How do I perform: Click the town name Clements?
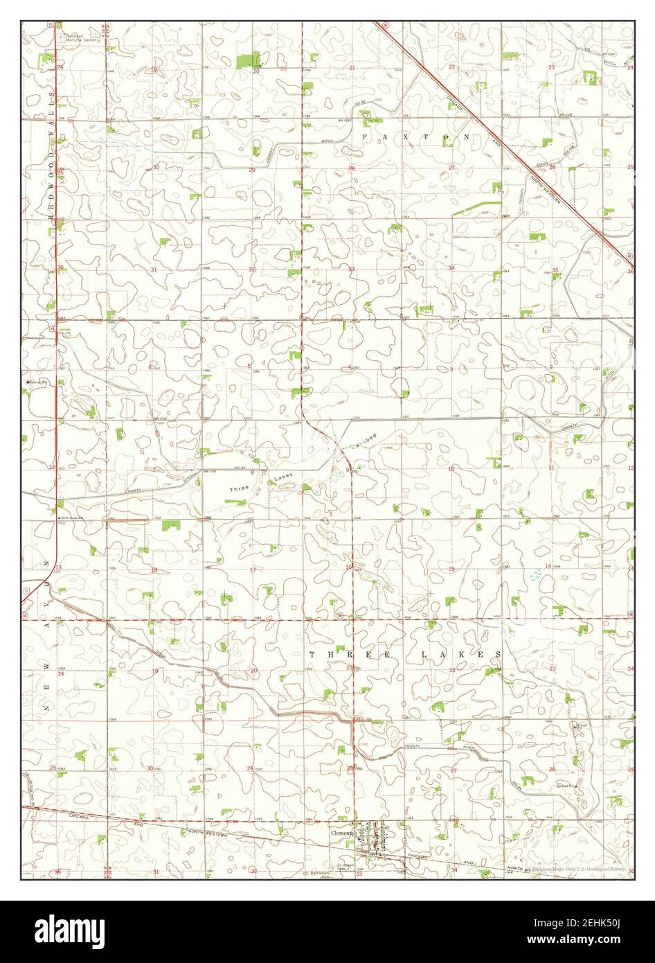coord(342,833)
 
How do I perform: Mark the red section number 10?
coord(451,469)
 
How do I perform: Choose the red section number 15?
coord(451,569)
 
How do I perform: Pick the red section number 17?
coord(253,570)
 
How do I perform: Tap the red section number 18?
coord(154,570)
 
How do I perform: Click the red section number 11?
coord(551,468)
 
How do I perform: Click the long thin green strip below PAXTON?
coord(478,207)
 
